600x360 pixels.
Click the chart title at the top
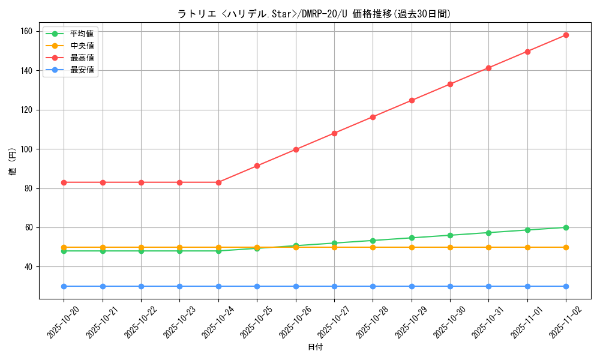pyautogui.click(x=314, y=14)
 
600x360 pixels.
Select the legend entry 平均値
pyautogui.click(x=82, y=34)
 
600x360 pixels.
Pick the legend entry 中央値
pyautogui.click(x=82, y=46)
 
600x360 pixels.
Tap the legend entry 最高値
pyautogui.click(x=82, y=58)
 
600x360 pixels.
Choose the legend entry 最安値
pyautogui.click(x=82, y=70)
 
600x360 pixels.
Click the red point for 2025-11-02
pyautogui.click(x=566, y=35)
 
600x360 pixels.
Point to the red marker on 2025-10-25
pyautogui.click(x=257, y=166)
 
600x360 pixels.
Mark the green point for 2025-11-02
pyautogui.click(x=566, y=227)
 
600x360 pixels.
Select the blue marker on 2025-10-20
pyautogui.click(x=64, y=286)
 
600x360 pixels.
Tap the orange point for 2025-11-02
pyautogui.click(x=566, y=247)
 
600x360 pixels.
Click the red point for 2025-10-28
pyautogui.click(x=373, y=117)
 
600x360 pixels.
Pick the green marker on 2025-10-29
pyautogui.click(x=412, y=238)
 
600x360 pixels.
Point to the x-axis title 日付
pyautogui.click(x=315, y=347)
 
